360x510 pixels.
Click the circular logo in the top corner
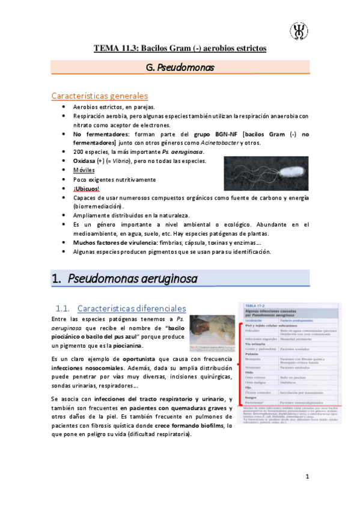coord(299,29)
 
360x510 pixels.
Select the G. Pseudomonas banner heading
coord(180,69)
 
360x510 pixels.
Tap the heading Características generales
coord(100,96)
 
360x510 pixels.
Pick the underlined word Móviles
coord(84,170)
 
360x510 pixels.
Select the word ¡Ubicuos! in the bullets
coord(87,188)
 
